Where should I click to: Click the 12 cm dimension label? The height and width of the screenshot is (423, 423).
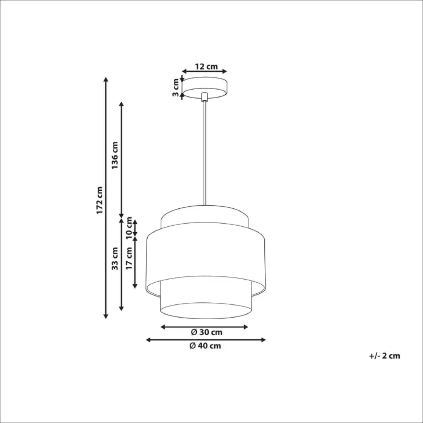tap(206, 66)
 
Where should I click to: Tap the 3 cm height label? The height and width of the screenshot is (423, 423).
tap(176, 87)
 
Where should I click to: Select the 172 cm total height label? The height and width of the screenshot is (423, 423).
tap(100, 200)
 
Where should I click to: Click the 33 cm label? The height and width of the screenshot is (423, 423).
tap(115, 258)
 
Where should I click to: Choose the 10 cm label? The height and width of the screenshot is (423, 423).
tap(129, 228)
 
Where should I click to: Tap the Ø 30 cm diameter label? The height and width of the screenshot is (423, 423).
tap(206, 333)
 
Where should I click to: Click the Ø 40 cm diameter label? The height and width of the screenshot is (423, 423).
tap(205, 346)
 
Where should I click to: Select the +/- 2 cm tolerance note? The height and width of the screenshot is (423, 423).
tap(384, 356)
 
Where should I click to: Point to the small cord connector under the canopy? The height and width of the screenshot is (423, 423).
tap(204, 97)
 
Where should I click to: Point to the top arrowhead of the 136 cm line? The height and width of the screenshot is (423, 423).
tap(121, 105)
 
